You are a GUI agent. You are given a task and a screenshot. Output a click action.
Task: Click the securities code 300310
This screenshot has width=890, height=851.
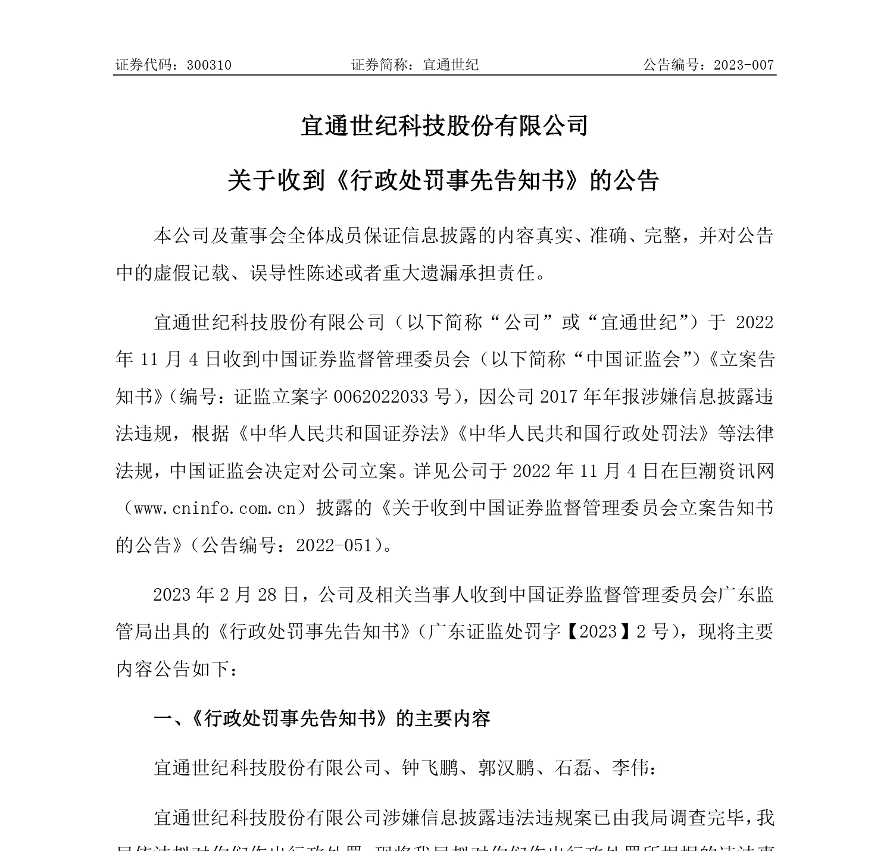tap(209, 65)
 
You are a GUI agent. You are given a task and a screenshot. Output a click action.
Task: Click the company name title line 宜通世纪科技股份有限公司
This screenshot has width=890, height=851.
tap(444, 125)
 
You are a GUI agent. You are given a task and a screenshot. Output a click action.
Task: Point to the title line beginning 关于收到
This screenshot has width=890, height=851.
tap(444, 180)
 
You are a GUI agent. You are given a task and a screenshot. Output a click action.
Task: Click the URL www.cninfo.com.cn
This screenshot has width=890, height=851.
tap(216, 508)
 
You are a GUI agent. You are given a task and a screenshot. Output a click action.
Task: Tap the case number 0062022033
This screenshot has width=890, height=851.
tap(381, 396)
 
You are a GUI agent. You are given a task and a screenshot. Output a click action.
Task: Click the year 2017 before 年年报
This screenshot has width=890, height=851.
tap(560, 396)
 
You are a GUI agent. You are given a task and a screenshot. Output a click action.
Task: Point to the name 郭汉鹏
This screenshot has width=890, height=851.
tap(507, 768)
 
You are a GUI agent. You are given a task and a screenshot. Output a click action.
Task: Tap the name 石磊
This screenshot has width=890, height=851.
tap(573, 768)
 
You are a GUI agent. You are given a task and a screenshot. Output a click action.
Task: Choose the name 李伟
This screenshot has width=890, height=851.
tap(630, 768)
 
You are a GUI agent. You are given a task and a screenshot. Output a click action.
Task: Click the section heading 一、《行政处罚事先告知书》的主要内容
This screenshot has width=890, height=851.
tap(322, 718)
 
